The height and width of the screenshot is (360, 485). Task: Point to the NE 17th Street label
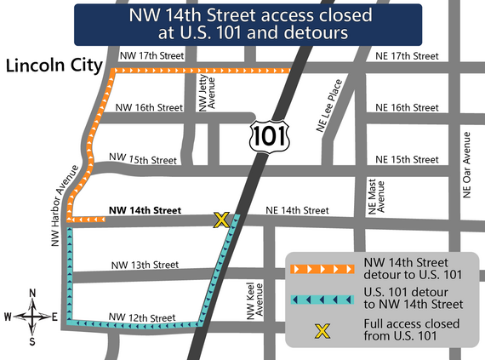click(x=407, y=57)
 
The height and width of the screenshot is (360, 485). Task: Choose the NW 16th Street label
click(x=148, y=108)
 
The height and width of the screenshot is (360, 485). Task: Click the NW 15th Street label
click(x=143, y=159)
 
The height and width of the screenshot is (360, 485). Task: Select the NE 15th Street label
click(x=407, y=159)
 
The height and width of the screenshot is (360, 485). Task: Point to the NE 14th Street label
click(x=297, y=209)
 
